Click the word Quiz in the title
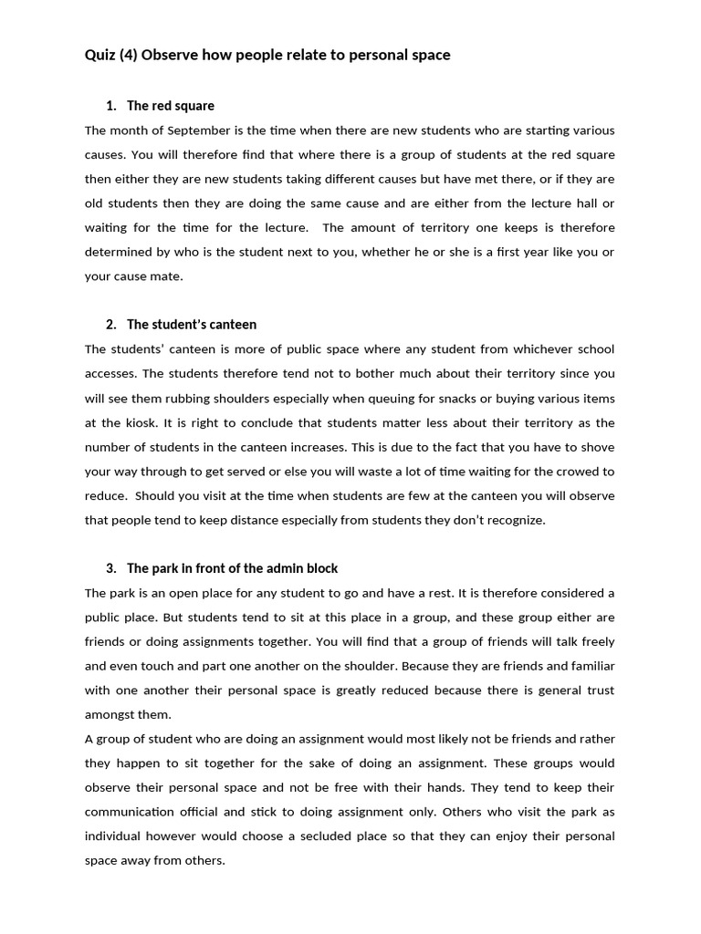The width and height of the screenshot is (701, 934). tap(99, 56)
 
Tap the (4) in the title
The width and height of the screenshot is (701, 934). tap(131, 56)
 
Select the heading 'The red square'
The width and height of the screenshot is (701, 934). tap(171, 106)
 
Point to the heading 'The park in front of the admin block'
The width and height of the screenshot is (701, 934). tap(232, 568)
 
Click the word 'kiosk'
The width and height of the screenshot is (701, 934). tap(145, 422)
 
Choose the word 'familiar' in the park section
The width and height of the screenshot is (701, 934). tap(591, 666)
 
